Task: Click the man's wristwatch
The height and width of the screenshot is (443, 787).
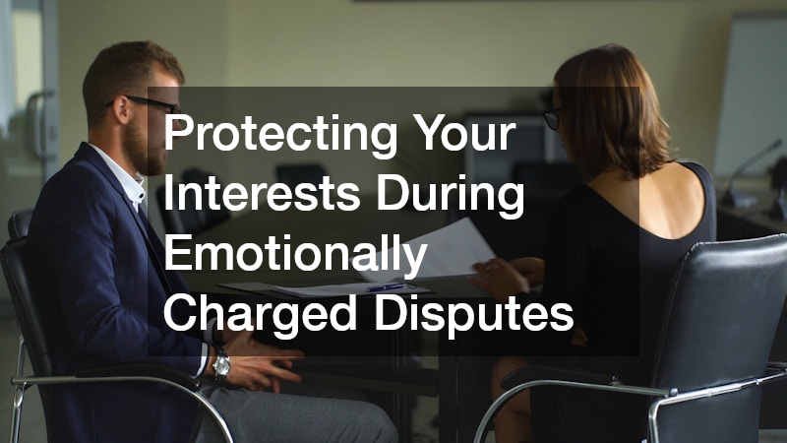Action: click(222, 365)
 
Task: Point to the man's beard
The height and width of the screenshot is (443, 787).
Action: click(148, 153)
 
